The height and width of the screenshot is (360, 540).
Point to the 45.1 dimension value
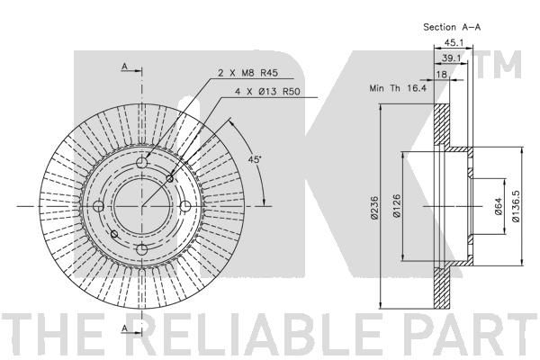click(453, 42)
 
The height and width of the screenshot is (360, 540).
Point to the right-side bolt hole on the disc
click(185, 207)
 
